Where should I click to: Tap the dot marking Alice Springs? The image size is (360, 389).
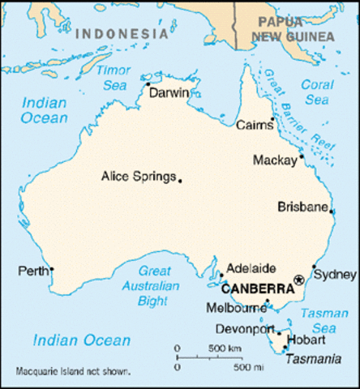pos(180,181)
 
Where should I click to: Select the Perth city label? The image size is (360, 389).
pos(32,269)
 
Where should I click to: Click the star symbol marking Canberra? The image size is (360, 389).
pos(299,280)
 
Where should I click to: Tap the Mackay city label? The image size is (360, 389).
pos(275,160)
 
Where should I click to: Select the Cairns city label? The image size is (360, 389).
pos(254,126)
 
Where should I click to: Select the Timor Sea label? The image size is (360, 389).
pos(113,77)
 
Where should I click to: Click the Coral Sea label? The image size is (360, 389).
pos(315,91)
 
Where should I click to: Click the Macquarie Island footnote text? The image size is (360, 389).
pos(73,372)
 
